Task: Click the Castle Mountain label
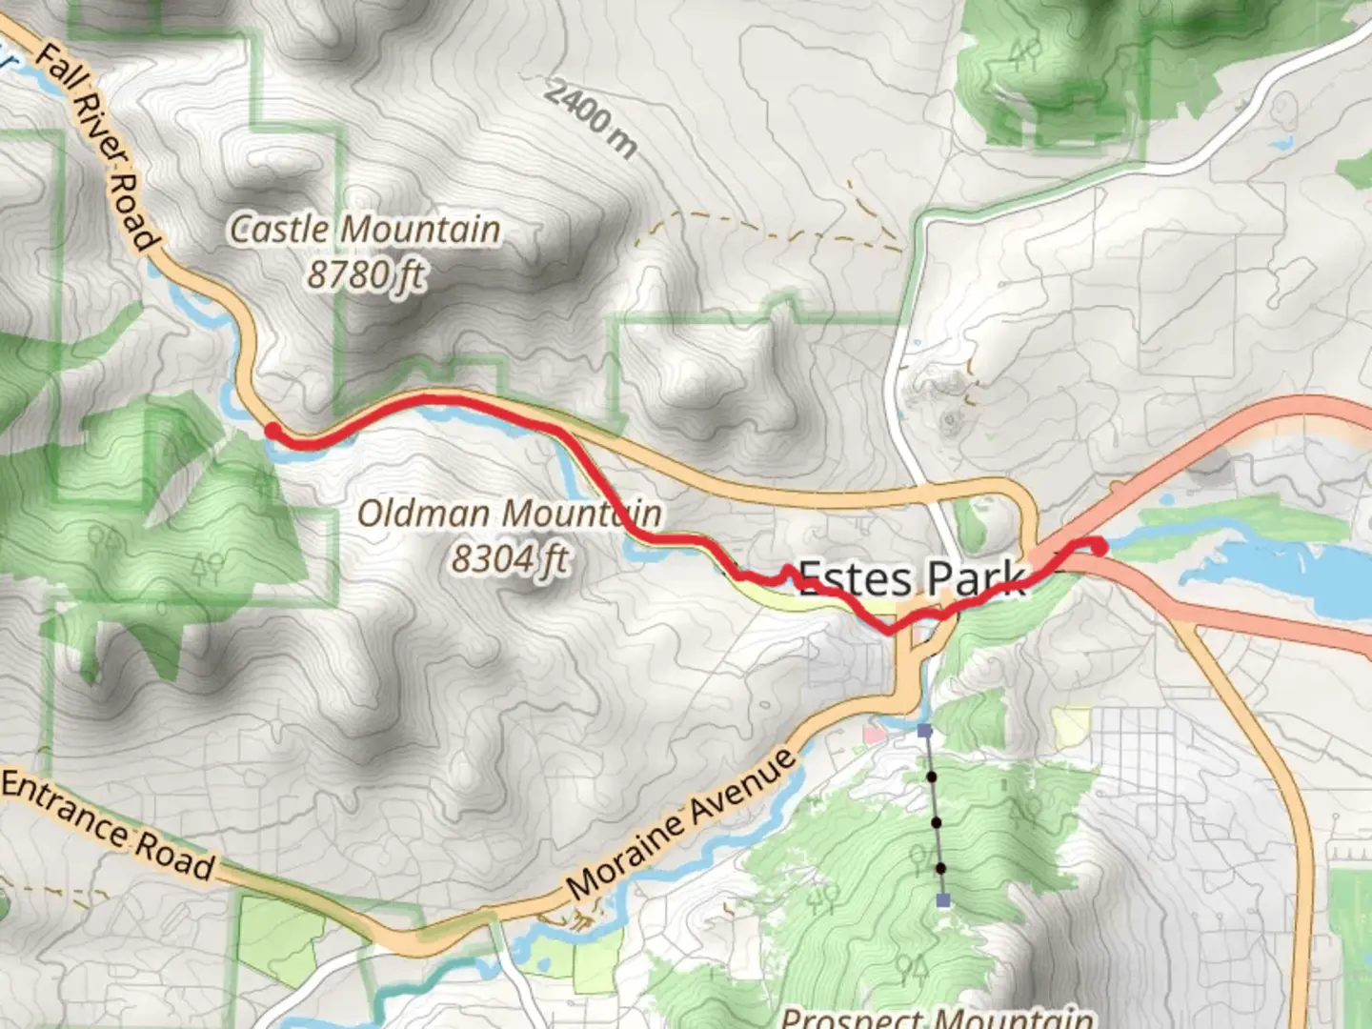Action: (x=365, y=230)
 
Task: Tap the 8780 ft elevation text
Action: (x=365, y=275)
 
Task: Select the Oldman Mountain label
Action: (x=509, y=514)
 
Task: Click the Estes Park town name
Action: (x=911, y=577)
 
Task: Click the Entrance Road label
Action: (x=107, y=826)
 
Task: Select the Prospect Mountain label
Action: (x=937, y=1017)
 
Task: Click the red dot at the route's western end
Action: (x=272, y=431)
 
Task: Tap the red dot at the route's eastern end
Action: (x=1099, y=547)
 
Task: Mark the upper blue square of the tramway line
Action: (x=924, y=731)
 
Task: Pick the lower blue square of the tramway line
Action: (x=943, y=900)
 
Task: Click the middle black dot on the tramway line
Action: (x=936, y=822)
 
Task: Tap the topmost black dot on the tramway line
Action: (x=931, y=777)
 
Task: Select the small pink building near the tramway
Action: (x=873, y=735)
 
